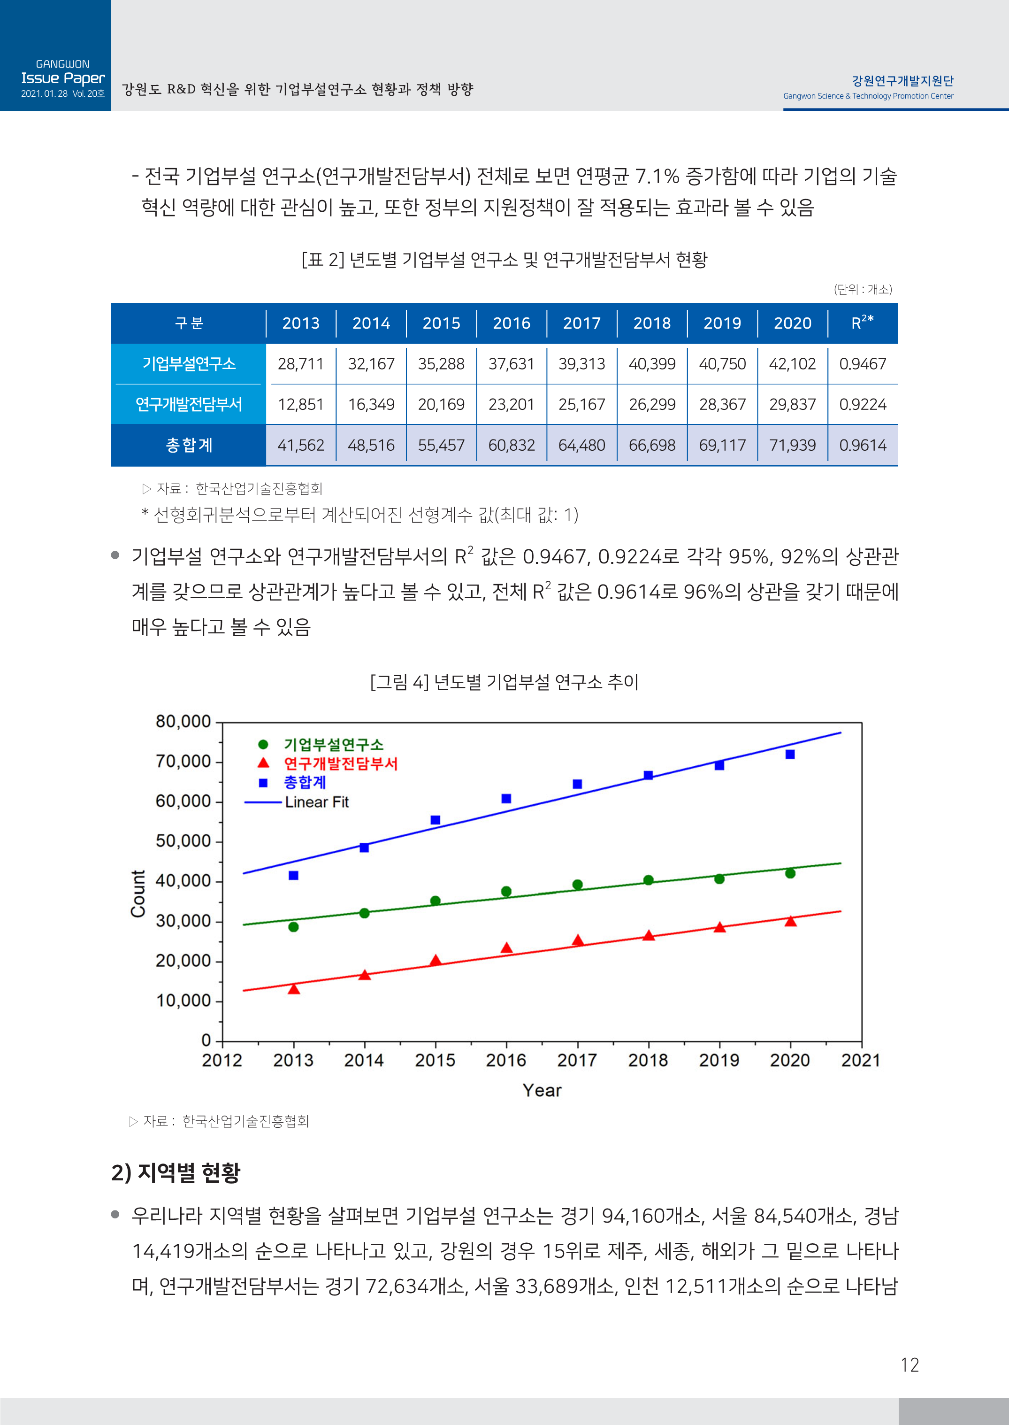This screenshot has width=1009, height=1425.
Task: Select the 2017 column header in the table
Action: (x=581, y=323)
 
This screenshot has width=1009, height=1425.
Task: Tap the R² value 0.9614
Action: (x=863, y=445)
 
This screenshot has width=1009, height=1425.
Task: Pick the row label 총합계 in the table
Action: (x=189, y=445)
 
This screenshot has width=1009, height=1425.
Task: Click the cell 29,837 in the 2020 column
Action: (x=792, y=405)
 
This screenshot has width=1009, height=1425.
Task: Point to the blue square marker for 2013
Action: (x=294, y=875)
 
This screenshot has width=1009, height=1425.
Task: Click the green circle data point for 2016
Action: (x=506, y=891)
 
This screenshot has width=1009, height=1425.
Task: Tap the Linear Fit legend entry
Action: (x=316, y=801)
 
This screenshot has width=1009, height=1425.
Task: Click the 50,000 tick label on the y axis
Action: (x=183, y=841)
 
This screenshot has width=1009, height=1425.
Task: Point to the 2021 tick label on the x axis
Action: (x=861, y=1060)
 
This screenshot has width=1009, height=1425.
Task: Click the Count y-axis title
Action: (x=138, y=893)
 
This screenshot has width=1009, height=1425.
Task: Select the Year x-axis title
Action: (x=542, y=1091)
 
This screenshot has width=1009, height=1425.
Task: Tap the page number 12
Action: (x=909, y=1365)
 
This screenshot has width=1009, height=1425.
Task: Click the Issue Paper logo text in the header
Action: (x=63, y=78)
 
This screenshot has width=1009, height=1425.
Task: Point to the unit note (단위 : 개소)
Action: (x=863, y=289)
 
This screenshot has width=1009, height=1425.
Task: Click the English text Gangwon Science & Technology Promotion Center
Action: (x=868, y=96)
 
